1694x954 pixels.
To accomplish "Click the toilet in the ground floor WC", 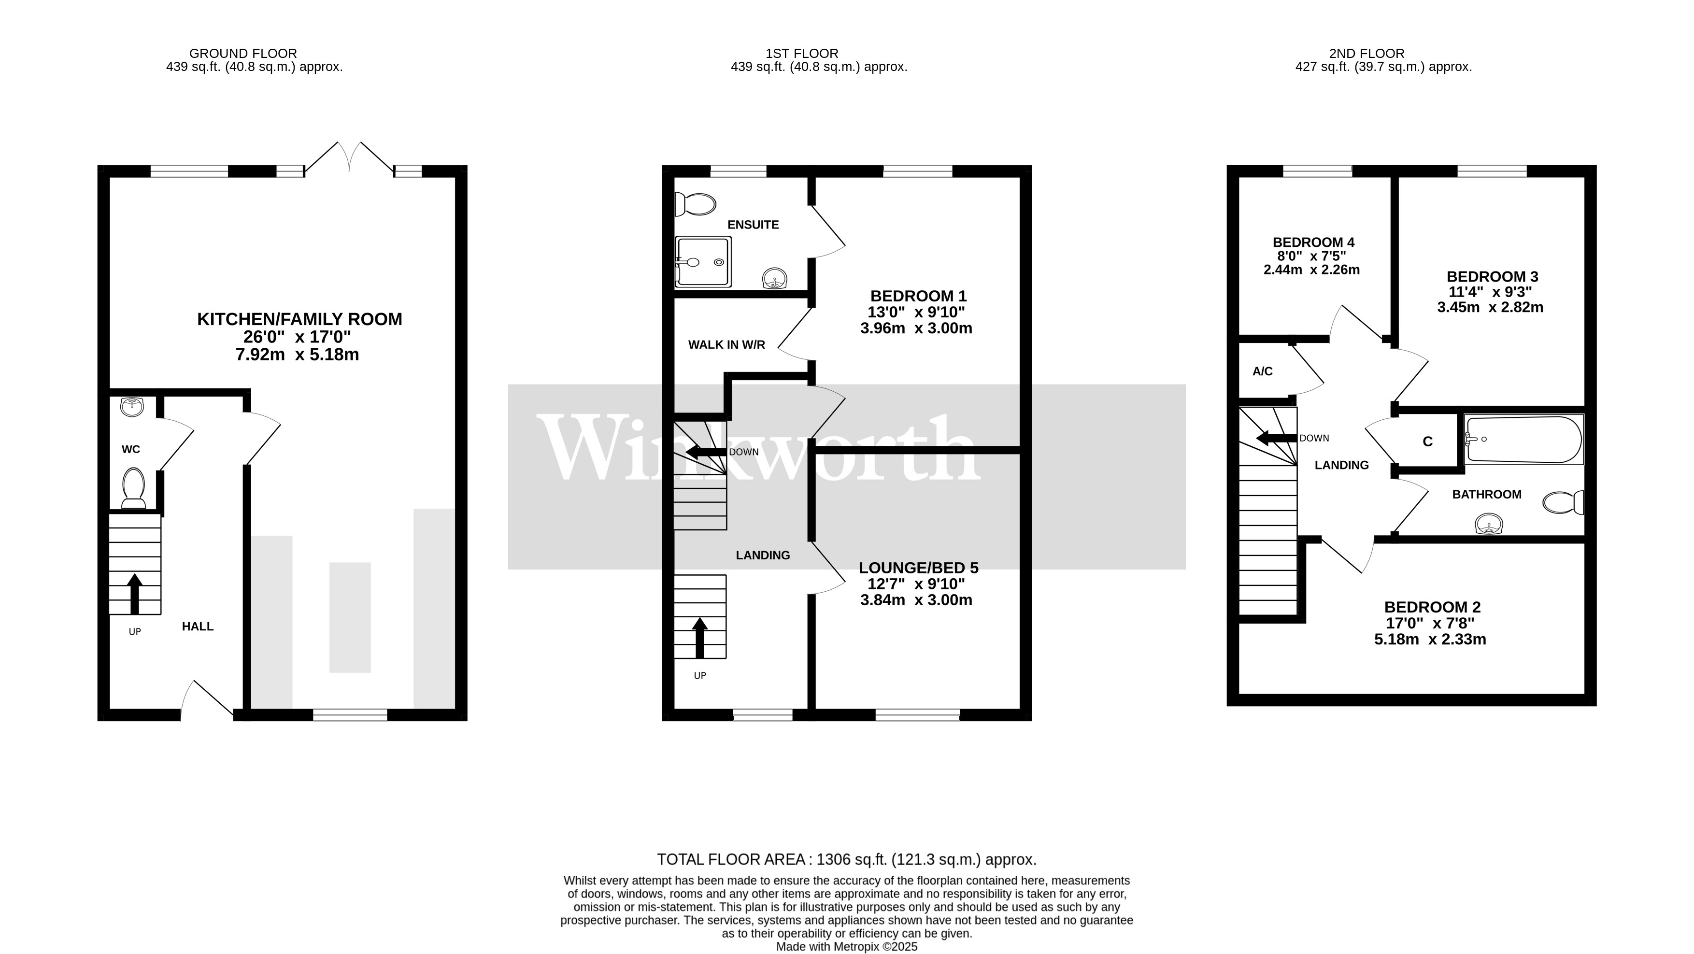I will (x=133, y=487).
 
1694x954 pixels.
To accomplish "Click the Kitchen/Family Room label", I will (x=299, y=320).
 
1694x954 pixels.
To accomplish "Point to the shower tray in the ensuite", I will (x=702, y=262).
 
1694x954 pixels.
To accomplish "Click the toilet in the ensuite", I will (x=696, y=204).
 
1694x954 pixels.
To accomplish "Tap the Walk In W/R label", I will (x=726, y=344).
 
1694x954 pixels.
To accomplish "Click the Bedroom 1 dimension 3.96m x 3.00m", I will (x=916, y=328).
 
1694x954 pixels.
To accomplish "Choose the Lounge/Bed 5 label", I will (x=918, y=568).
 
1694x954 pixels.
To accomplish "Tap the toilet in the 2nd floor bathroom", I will (x=1564, y=503).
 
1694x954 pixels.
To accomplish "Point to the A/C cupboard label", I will (x=1262, y=371).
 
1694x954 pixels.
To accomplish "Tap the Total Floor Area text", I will (x=846, y=859).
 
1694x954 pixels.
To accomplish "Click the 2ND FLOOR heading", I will (x=1367, y=53).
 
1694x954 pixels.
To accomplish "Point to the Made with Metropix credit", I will (x=846, y=947).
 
